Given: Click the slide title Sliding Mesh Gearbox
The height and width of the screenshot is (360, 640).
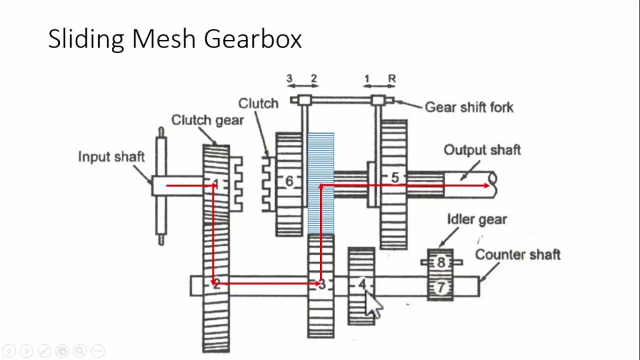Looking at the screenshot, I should tap(175, 39).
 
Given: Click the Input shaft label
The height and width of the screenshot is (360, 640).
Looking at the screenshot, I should tap(111, 156).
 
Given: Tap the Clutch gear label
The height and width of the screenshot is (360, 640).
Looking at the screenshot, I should tap(207, 120).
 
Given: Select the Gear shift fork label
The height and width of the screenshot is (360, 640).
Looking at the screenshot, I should tap(469, 107).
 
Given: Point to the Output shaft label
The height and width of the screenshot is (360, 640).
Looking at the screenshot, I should tap(482, 150).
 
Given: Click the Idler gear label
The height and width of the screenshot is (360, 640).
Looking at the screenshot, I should tap(476, 219).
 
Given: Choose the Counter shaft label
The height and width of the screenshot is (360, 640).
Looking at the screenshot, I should tap(517, 254).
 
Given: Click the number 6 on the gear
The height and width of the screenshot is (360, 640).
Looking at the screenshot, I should tap(289, 181).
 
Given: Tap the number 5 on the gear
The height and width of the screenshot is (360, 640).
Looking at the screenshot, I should tap(394, 177).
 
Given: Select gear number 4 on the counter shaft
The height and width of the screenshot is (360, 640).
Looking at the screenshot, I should tap(361, 285).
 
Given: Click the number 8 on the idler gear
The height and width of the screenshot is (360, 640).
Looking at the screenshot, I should tap(441, 262).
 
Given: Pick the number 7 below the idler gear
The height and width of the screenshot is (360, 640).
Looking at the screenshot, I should tap(441, 287).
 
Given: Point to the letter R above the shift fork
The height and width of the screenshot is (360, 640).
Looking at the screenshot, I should tap(392, 79).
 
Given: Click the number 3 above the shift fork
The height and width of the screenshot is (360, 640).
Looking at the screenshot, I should tap(289, 79).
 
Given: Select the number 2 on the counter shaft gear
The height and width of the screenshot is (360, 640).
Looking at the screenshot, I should tap(216, 285).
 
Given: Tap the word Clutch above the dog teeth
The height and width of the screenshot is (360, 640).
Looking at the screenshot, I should tap(258, 103).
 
